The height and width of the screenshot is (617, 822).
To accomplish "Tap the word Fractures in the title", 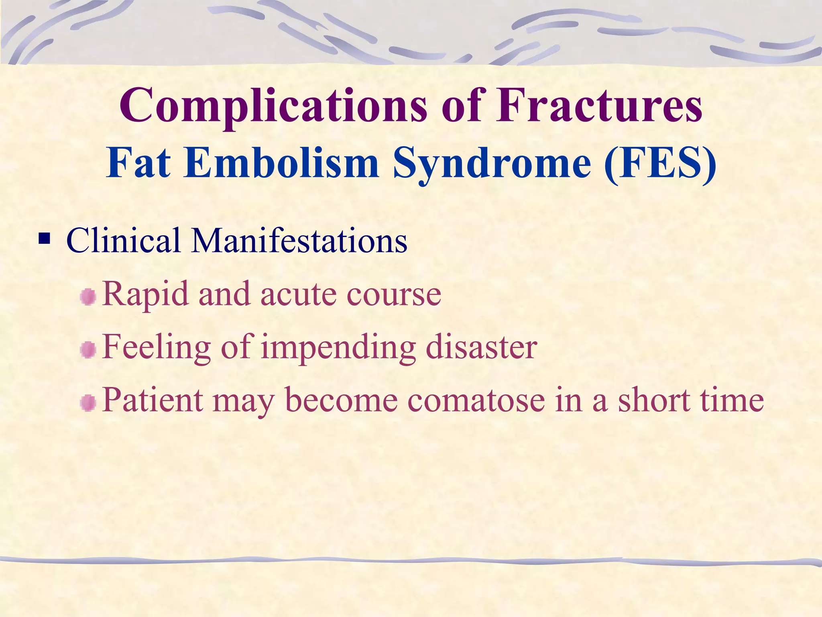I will coord(599,105).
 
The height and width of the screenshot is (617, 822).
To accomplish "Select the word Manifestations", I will coord(299,241).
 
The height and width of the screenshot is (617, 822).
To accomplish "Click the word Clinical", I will coord(123,241).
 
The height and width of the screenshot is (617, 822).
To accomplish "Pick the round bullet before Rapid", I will coord(88,297).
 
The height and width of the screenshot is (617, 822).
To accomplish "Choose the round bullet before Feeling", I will coord(88,350).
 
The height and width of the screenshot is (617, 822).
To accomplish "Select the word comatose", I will coord(476,400).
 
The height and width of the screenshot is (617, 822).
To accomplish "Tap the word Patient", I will coord(153,400).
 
